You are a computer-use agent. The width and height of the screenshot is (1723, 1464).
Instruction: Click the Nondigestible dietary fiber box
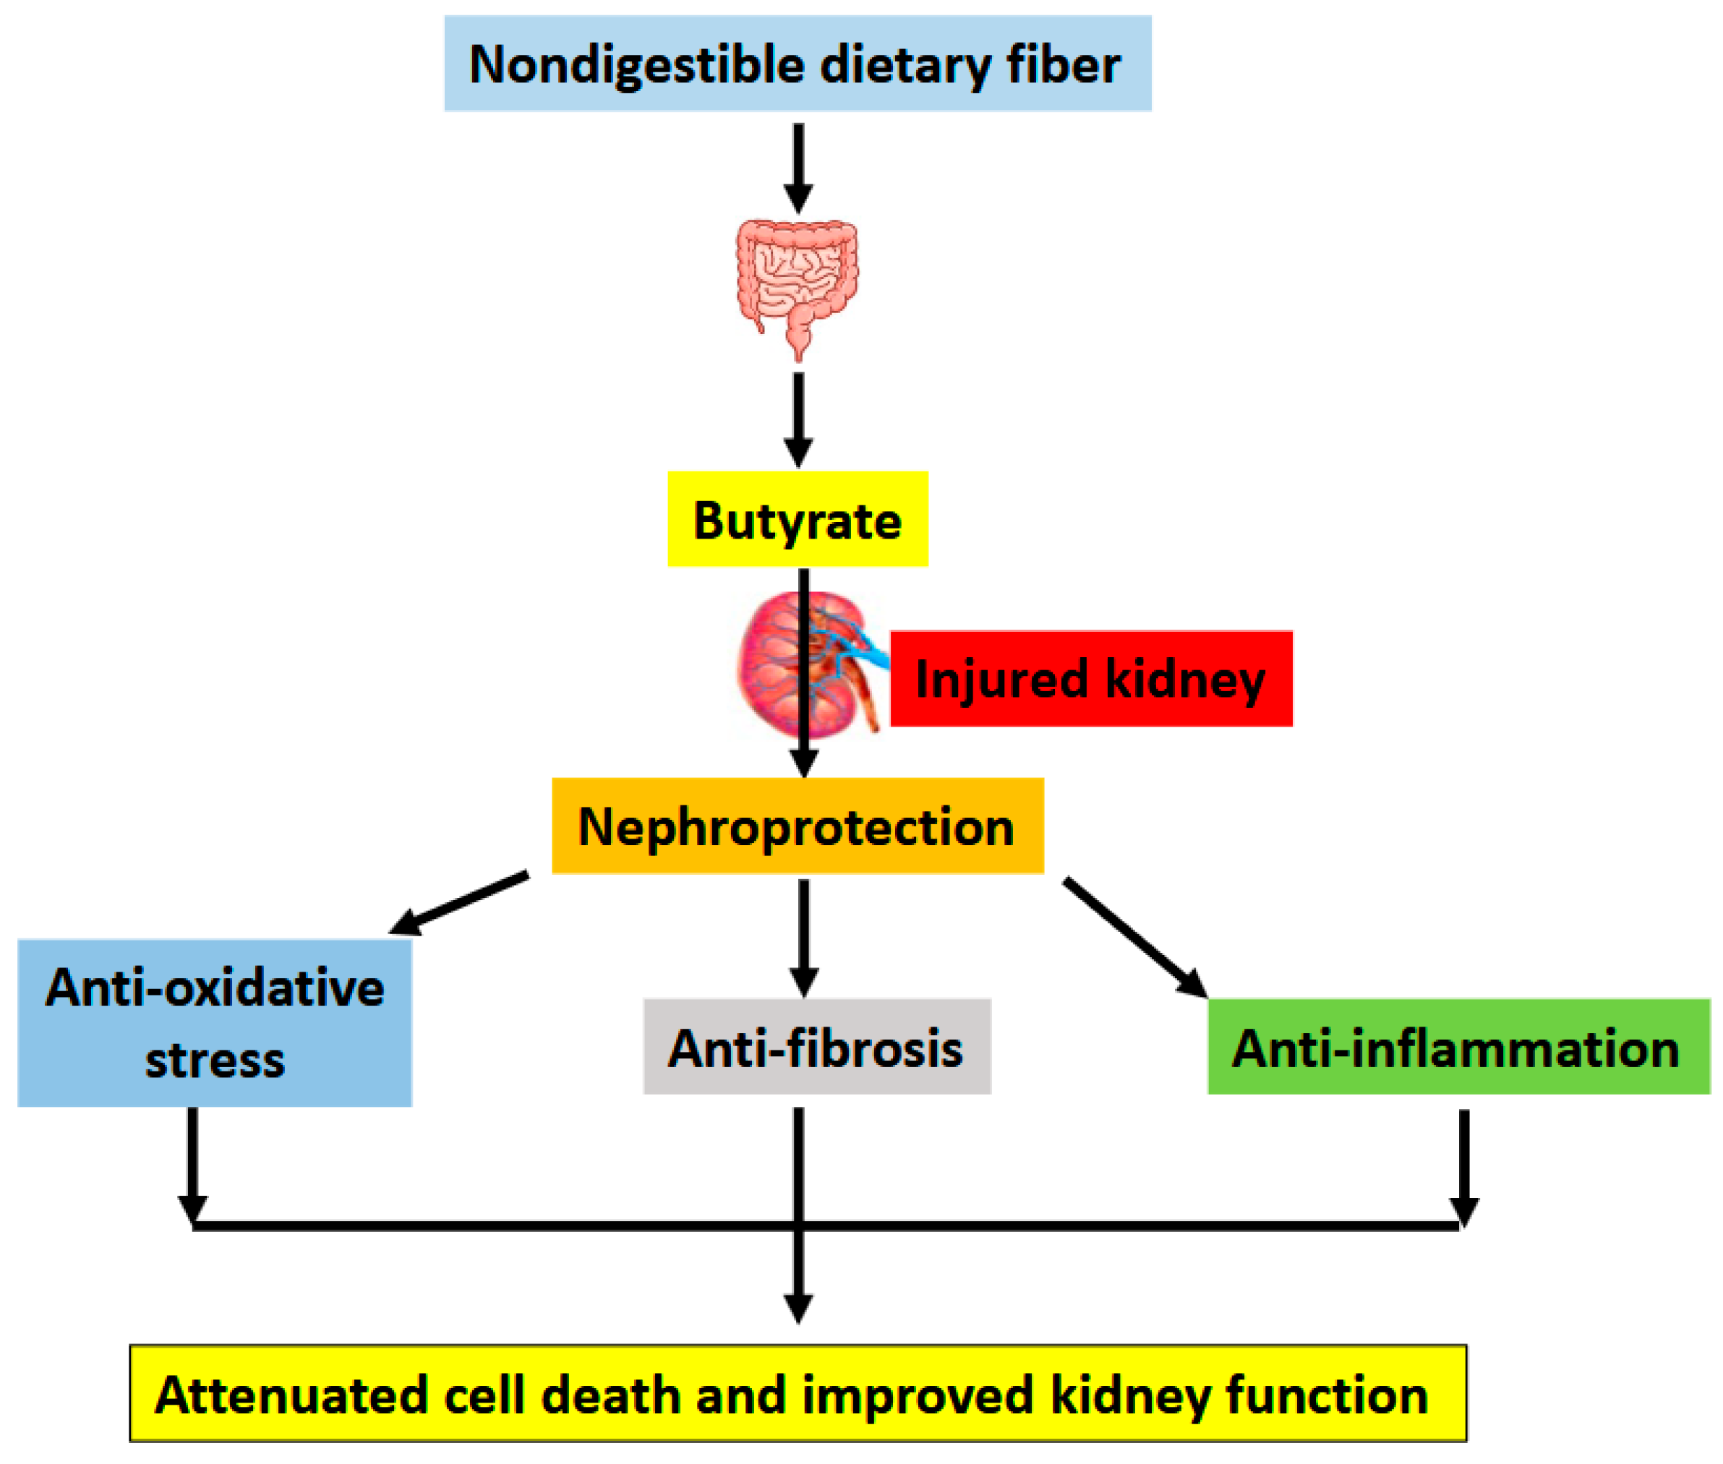[797, 63]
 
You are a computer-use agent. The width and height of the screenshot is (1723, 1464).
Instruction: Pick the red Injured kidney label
[1090, 678]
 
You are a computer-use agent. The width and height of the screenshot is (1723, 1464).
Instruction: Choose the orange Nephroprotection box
[797, 825]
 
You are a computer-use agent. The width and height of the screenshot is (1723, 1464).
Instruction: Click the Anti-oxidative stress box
[214, 1022]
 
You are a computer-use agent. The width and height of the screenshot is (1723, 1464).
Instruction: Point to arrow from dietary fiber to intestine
[798, 166]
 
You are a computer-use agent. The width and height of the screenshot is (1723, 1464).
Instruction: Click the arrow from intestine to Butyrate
[798, 419]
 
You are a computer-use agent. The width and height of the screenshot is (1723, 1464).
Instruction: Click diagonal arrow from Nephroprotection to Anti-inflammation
[1133, 936]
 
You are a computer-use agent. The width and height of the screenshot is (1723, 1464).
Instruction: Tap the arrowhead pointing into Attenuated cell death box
[798, 1307]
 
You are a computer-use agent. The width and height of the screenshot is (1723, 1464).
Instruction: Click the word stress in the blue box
[214, 1060]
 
